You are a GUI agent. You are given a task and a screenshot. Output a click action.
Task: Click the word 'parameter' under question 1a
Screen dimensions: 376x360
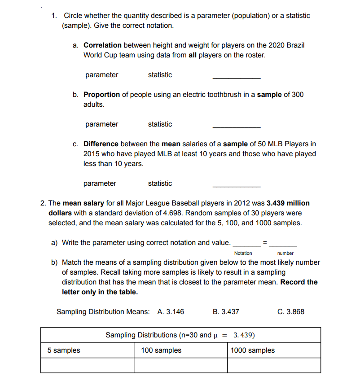click(102, 75)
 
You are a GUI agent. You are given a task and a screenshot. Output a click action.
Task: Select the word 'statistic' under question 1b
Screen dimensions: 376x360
click(160, 124)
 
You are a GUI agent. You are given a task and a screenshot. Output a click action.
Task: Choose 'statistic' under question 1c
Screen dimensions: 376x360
click(160, 184)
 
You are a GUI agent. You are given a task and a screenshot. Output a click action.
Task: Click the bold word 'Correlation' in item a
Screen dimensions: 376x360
click(102, 45)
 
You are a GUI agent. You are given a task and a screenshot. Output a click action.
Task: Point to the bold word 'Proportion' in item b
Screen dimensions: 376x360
click(101, 95)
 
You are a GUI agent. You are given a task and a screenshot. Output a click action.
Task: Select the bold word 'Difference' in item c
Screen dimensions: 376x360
click(101, 144)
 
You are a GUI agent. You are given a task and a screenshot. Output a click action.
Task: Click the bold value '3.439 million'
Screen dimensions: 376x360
click(288, 203)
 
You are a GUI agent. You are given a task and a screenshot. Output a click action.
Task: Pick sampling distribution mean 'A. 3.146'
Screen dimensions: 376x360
click(171, 312)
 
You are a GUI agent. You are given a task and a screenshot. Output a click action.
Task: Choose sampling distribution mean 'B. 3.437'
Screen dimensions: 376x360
click(226, 312)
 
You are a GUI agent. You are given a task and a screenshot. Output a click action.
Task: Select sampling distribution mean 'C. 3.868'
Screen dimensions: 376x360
click(291, 312)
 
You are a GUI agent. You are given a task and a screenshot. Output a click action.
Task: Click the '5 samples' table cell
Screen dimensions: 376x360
click(64, 350)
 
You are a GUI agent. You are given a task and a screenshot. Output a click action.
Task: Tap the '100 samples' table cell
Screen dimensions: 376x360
click(161, 350)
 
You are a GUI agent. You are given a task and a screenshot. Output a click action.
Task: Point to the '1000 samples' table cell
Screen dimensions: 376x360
click(253, 350)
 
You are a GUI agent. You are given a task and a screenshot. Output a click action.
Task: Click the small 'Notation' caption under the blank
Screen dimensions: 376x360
click(243, 254)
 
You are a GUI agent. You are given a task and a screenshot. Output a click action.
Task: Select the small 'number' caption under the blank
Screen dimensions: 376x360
click(285, 254)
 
